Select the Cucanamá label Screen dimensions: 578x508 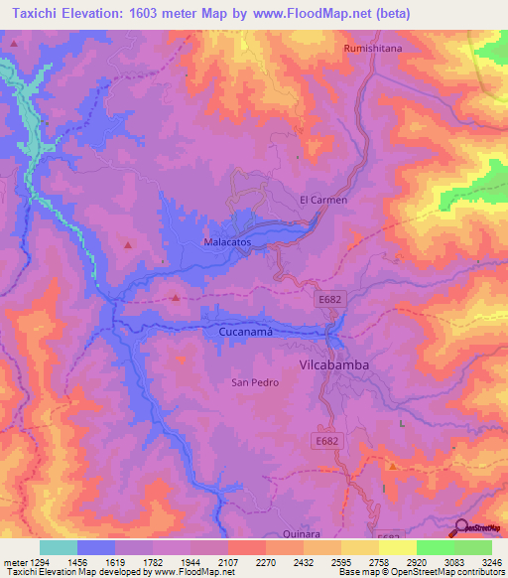click(245, 333)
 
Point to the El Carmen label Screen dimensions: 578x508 click(323, 200)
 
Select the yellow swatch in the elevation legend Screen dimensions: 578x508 click(397, 547)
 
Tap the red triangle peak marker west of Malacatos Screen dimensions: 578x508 click(127, 244)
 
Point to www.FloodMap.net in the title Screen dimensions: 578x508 click(312, 13)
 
